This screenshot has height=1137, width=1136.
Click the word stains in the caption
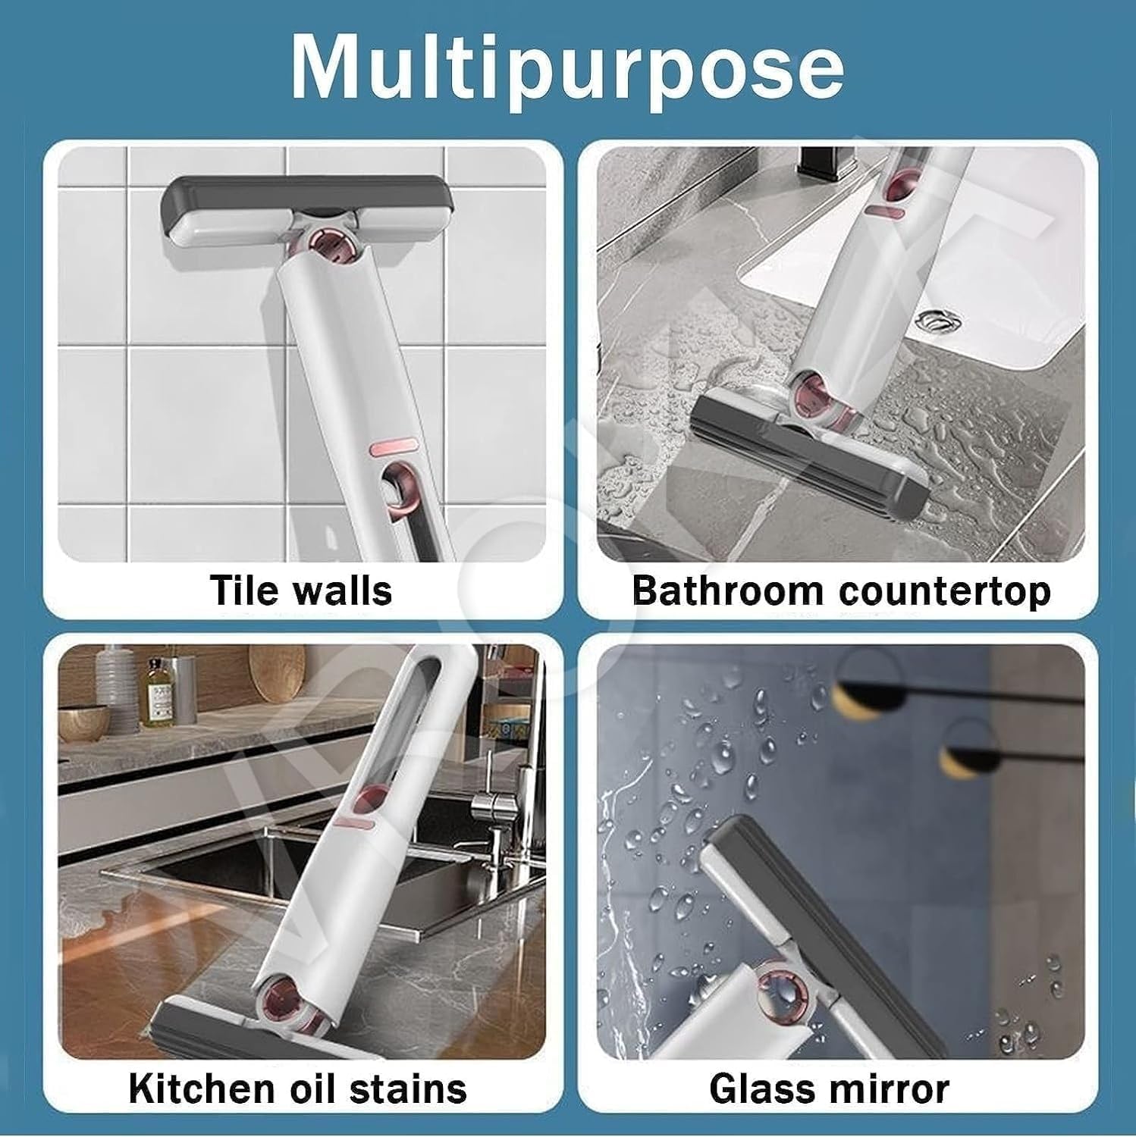[415, 1088]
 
